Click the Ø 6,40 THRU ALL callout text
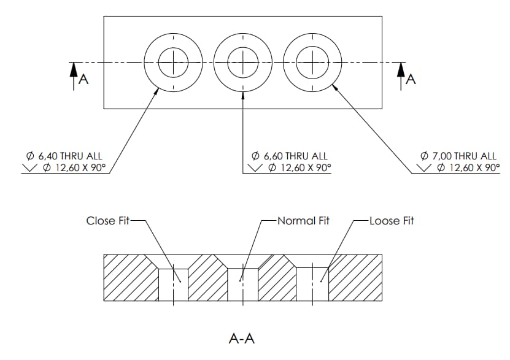pos(61,156)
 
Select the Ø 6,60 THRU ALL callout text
pos(290,156)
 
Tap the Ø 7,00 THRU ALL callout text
pos(459,156)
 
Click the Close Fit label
pos(108,221)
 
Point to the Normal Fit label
pos(303,221)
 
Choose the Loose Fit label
pos(392,221)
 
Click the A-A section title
pos(241,338)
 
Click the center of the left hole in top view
pos(174,62)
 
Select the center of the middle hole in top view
pos(243,62)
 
